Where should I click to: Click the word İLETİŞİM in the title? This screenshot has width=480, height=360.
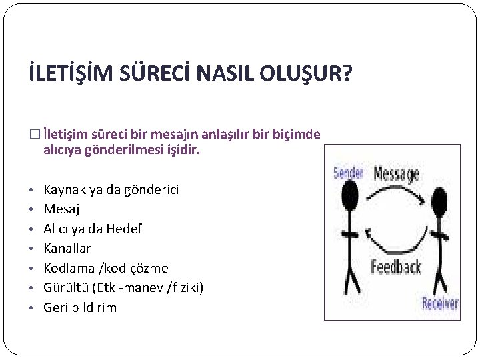[69, 73]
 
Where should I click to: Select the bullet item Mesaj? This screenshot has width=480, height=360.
[62, 209]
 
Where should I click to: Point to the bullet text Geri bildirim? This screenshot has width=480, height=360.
[80, 307]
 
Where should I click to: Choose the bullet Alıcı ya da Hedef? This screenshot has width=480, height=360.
[93, 229]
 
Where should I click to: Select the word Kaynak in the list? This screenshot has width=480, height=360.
[64, 189]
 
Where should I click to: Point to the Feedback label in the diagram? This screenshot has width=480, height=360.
[397, 267]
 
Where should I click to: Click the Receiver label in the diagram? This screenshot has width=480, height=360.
[440, 304]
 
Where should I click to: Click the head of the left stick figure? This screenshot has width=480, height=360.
[349, 194]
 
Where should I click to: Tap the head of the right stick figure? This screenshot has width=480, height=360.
[439, 197]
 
